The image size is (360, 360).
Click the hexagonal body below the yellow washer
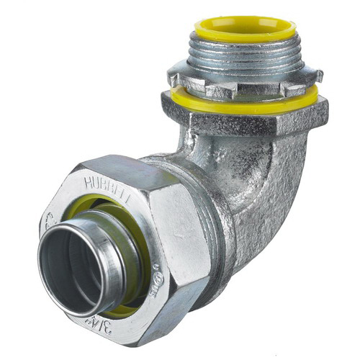(x=245, y=119)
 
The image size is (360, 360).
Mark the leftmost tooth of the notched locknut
(x=173, y=72)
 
